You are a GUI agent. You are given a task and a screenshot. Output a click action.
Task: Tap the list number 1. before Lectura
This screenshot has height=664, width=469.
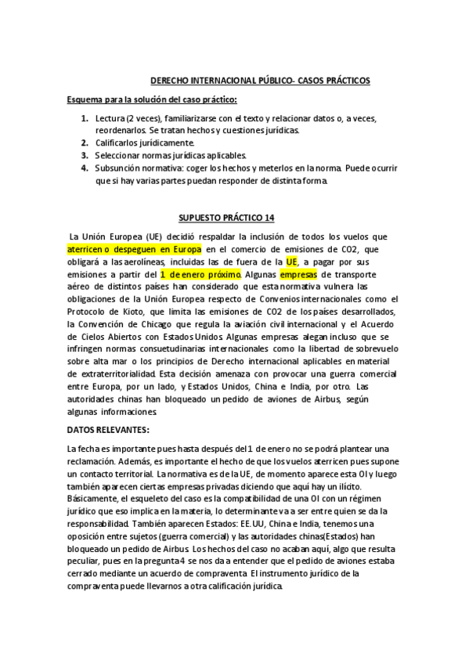(x=85, y=118)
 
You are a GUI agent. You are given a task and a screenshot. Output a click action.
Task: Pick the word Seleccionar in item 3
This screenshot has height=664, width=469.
(x=121, y=156)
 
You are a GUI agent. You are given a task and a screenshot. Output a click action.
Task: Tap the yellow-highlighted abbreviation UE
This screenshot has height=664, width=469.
(x=292, y=262)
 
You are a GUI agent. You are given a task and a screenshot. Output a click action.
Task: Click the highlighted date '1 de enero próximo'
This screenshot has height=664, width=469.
(x=200, y=275)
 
